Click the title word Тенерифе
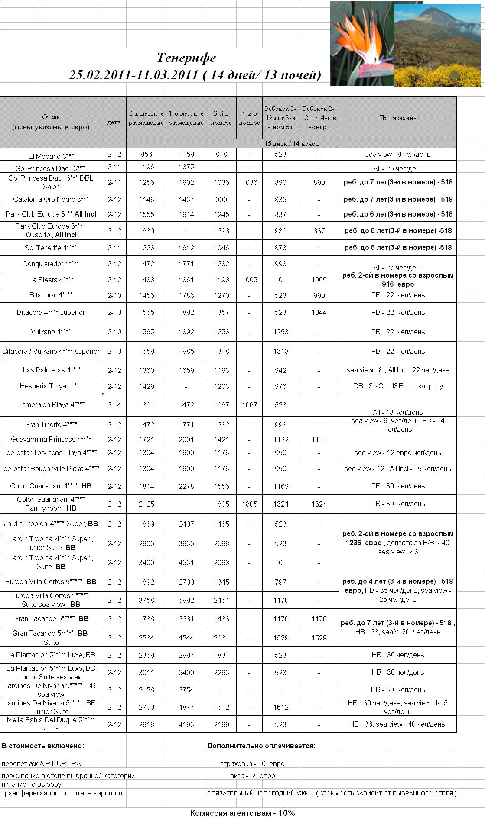click(x=186, y=58)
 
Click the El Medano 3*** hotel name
click(x=51, y=156)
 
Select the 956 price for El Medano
click(x=146, y=154)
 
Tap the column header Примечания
click(x=398, y=118)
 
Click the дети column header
click(x=114, y=123)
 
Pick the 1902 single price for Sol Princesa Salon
click(x=186, y=182)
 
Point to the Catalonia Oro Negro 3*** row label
click(x=51, y=199)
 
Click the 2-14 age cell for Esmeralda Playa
click(x=114, y=405)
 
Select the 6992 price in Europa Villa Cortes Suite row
click(x=186, y=600)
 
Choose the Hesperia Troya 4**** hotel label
click(x=51, y=386)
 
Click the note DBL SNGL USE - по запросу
click(x=398, y=386)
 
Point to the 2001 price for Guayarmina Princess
click(x=186, y=440)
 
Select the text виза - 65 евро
click(x=253, y=776)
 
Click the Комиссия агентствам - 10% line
click(x=242, y=813)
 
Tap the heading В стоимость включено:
click(x=43, y=746)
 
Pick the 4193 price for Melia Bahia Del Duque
click(x=186, y=724)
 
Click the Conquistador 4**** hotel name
click(x=51, y=264)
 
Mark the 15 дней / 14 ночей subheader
click(x=291, y=144)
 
